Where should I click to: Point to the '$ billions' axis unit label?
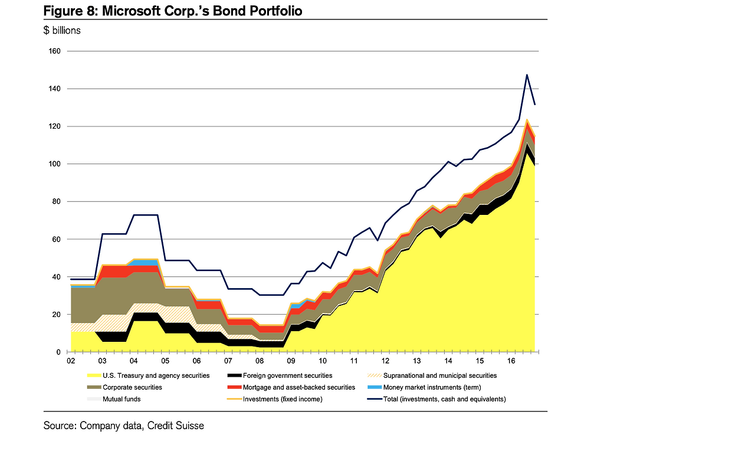(x=62, y=31)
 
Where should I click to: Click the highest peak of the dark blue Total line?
(x=526, y=75)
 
